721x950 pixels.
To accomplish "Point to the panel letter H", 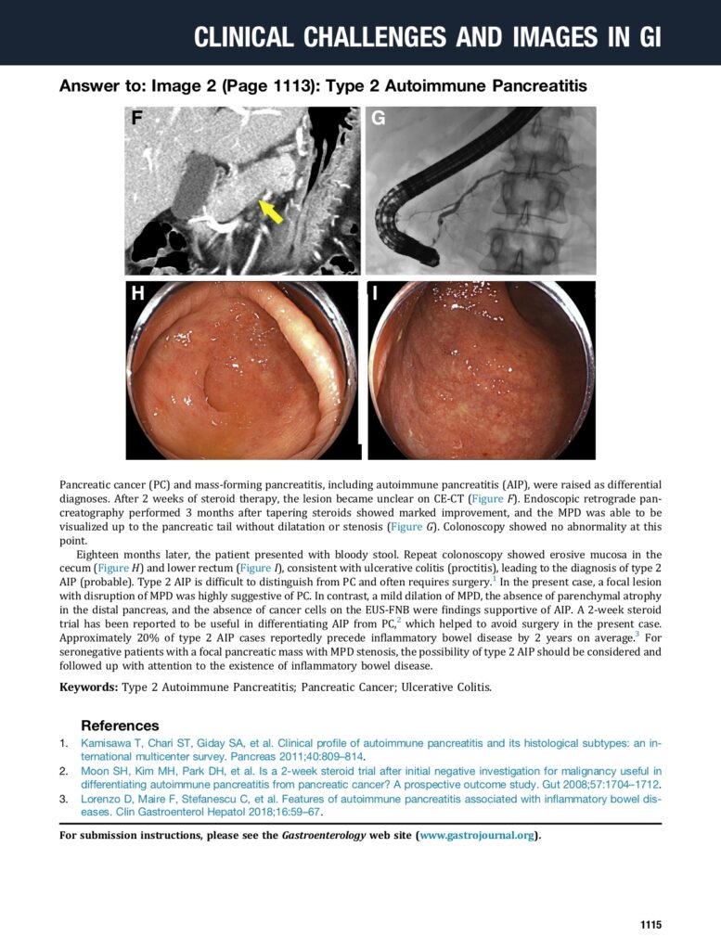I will point(138,294).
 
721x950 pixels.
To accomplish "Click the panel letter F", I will point(137,119).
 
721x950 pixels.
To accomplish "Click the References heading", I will point(120,725).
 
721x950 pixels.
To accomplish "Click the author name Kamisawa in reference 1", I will point(107,743).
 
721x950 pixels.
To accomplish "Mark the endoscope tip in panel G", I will point(430,255).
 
